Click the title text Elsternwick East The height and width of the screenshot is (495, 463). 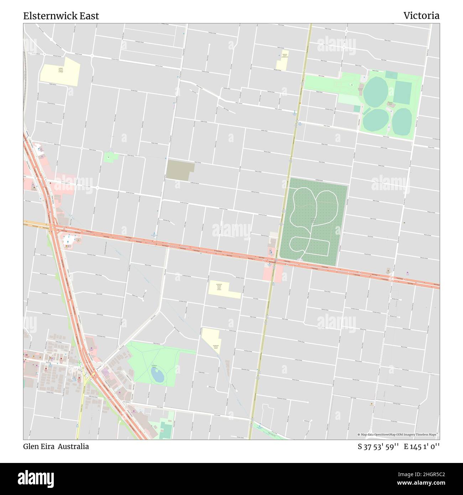(61, 16)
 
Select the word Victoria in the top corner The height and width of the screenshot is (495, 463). (421, 16)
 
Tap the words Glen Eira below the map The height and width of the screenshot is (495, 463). (39, 446)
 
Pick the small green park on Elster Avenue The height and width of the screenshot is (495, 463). (110, 156)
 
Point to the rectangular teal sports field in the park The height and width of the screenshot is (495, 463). (402, 92)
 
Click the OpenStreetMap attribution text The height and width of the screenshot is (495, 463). (398, 434)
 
